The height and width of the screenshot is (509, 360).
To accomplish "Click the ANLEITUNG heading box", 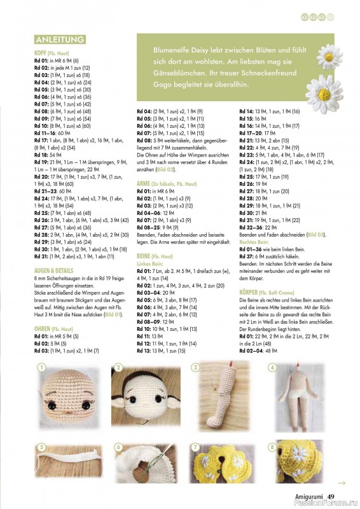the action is pos(60,39).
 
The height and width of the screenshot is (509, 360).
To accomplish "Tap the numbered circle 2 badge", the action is pos(118,368).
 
